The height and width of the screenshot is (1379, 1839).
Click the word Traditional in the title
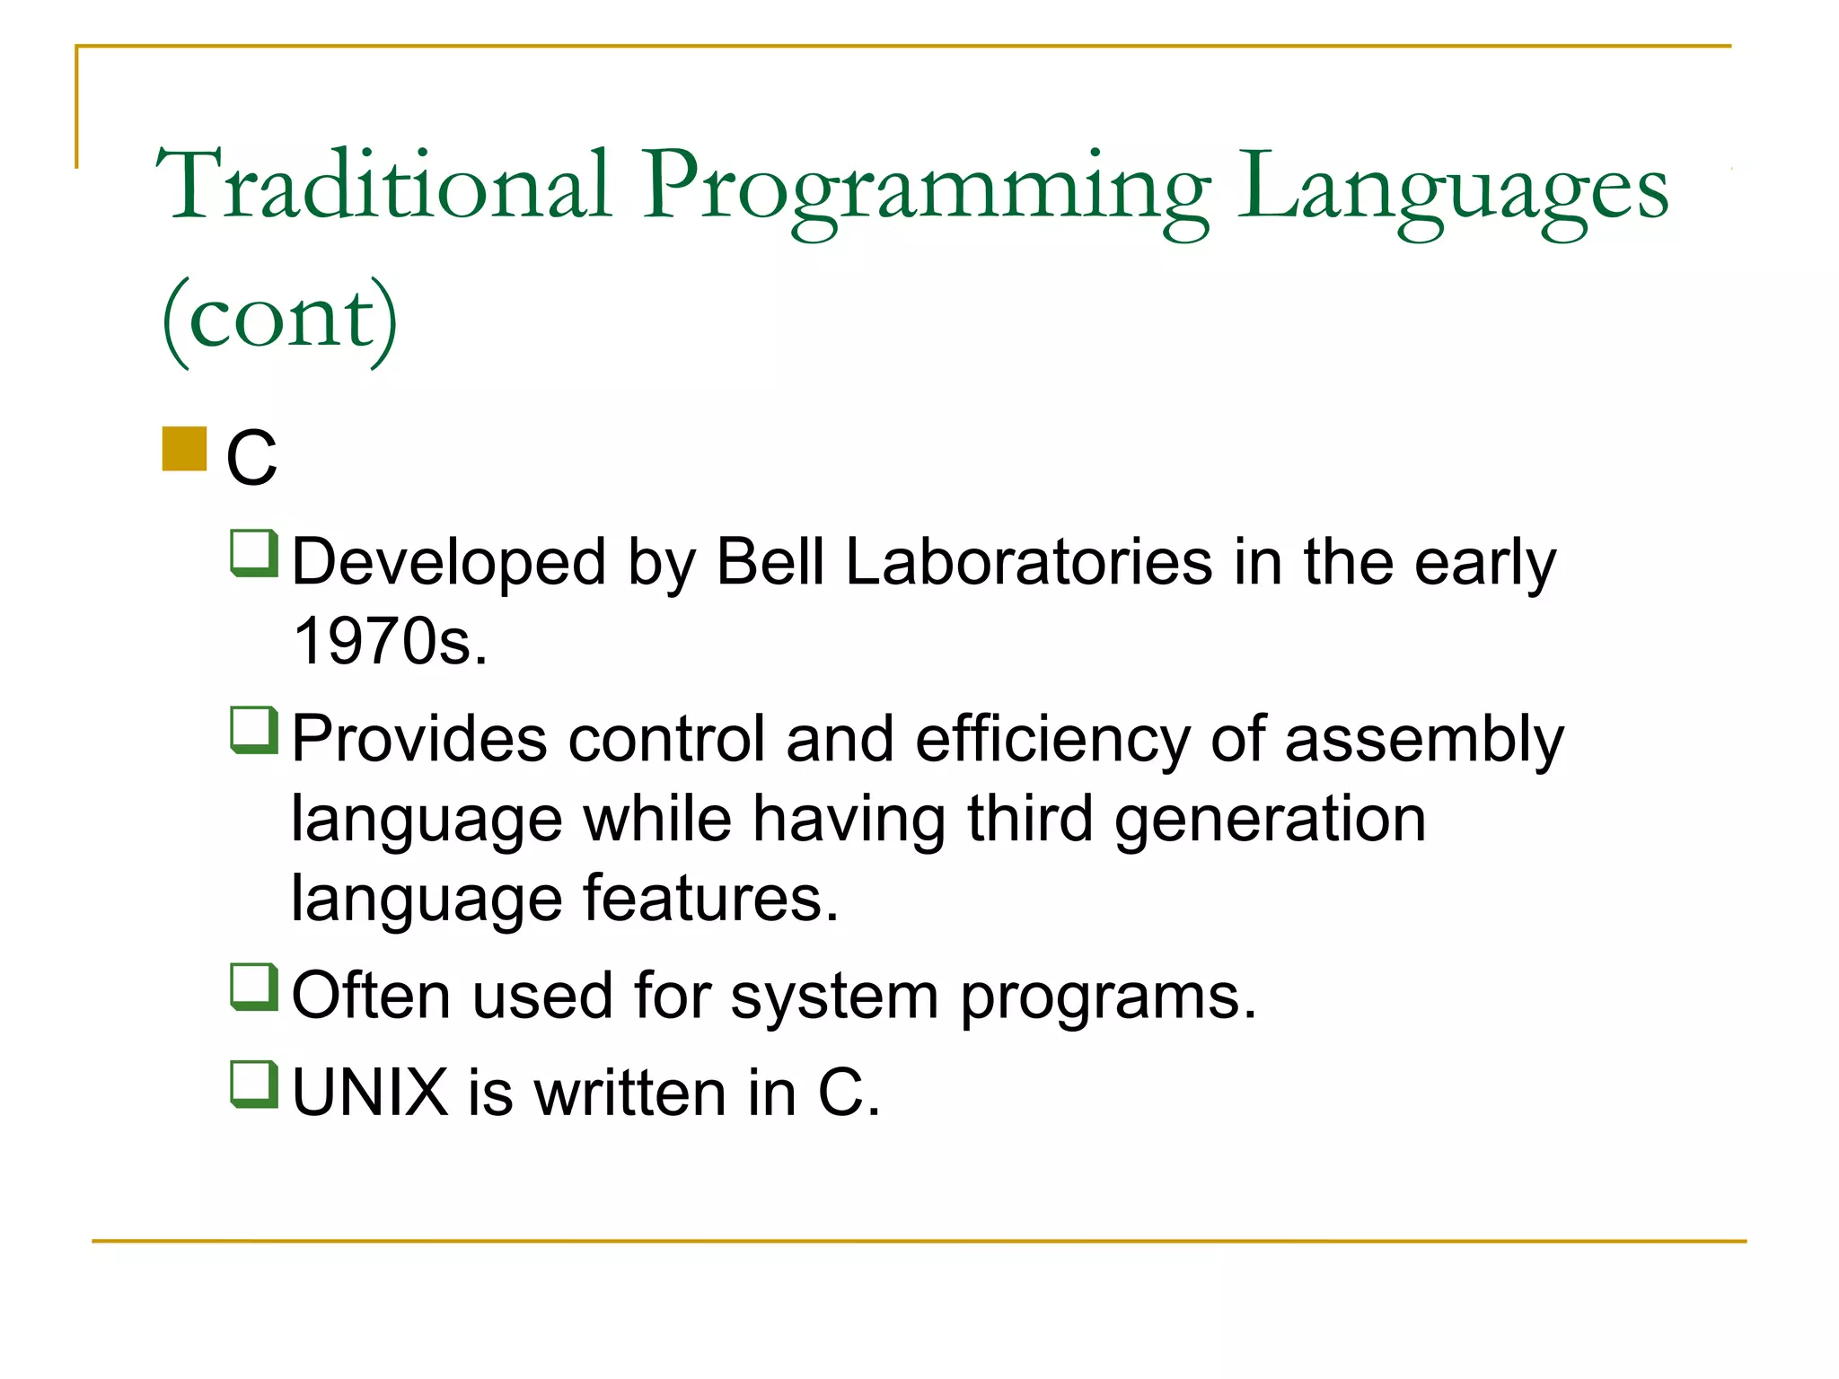384,186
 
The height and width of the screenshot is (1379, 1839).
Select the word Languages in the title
1452,190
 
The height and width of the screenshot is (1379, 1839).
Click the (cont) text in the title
279,319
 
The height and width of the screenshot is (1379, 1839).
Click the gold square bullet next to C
184,449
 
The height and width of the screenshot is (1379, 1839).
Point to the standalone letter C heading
251,458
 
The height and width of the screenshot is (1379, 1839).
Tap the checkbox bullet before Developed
254,554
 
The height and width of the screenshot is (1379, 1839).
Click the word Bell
770,563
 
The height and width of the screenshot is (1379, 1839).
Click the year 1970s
391,641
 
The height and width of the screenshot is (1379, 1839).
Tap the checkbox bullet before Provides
254,731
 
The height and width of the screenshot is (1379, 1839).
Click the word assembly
1423,741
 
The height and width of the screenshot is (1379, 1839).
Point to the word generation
1269,821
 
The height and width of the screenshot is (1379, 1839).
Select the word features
709,898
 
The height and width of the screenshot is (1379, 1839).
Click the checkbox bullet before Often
254,987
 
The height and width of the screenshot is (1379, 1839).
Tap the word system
834,997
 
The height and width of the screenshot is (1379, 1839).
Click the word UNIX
370,1093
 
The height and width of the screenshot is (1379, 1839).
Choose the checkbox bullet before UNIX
254,1085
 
